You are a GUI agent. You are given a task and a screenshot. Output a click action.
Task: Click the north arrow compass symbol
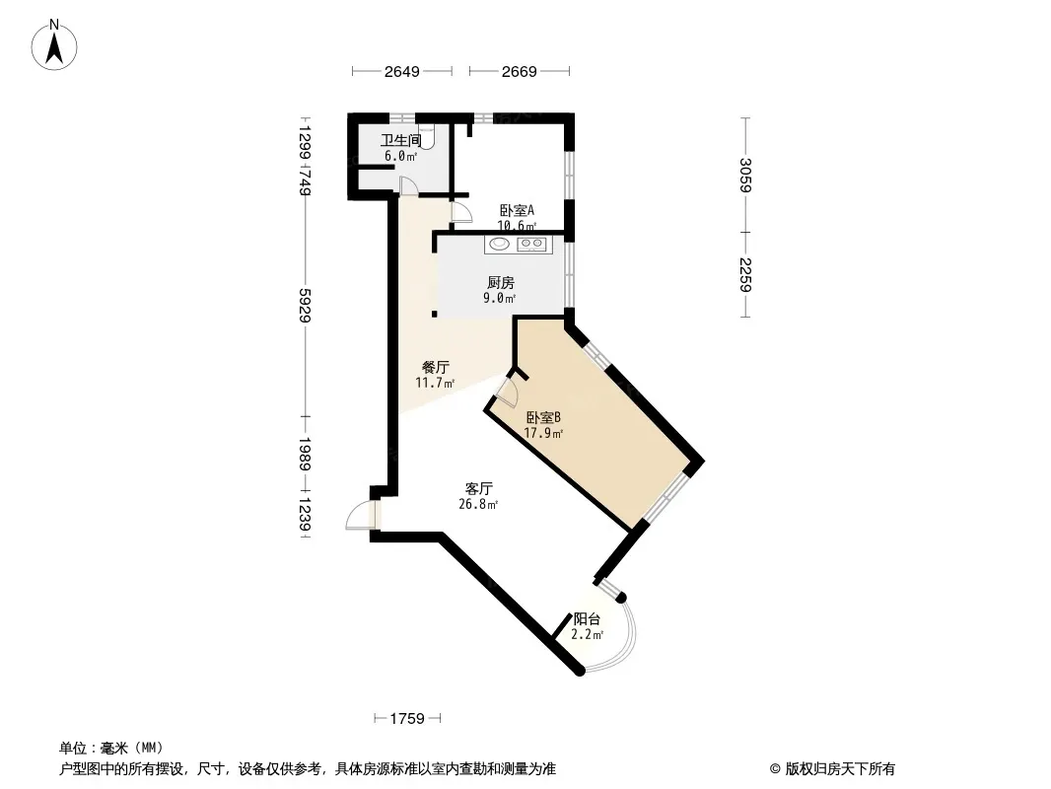[54, 45]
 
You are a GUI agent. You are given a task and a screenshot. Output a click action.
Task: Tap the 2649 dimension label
[402, 72]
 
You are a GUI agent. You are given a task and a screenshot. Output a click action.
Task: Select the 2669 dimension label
[520, 72]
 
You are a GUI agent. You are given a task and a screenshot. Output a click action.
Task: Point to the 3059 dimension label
[745, 175]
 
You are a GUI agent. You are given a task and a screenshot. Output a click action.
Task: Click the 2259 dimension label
[745, 275]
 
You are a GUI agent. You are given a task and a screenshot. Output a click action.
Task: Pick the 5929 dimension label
[305, 305]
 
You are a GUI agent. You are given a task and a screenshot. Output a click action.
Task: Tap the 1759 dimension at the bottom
[407, 719]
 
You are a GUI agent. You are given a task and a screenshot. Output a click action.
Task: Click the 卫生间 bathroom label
[401, 140]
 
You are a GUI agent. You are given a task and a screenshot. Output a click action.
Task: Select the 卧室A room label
[517, 210]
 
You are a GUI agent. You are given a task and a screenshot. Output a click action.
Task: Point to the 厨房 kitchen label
[501, 283]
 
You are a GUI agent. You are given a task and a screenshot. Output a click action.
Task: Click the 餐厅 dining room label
[435, 367]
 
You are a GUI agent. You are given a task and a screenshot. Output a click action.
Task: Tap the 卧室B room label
[543, 417]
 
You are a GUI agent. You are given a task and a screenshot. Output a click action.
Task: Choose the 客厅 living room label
[478, 488]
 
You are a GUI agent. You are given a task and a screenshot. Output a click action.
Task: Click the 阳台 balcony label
[587, 619]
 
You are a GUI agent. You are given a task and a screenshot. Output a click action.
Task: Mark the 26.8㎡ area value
[478, 504]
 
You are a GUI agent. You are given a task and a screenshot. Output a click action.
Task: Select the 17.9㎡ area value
[543, 433]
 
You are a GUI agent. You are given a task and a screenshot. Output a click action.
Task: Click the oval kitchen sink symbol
[499, 244]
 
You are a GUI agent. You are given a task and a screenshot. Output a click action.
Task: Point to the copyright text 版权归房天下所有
[840, 769]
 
